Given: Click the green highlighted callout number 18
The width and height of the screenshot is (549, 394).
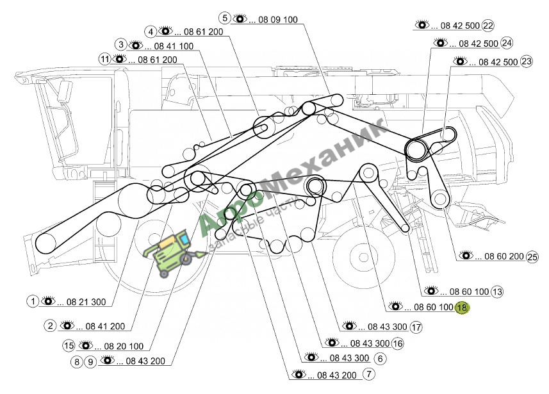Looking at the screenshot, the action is pyautogui.click(x=462, y=308).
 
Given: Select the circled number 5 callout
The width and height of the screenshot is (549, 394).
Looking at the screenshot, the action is pyautogui.click(x=225, y=18).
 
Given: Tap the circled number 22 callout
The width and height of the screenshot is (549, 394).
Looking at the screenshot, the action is pyautogui.click(x=488, y=26).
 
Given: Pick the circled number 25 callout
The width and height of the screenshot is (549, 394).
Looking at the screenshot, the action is pyautogui.click(x=532, y=257).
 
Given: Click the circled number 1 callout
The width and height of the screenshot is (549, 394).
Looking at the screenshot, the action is pyautogui.click(x=33, y=301).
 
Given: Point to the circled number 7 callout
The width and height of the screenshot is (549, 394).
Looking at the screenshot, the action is pyautogui.click(x=369, y=374).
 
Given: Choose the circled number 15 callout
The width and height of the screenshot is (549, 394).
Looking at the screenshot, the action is pyautogui.click(x=69, y=346).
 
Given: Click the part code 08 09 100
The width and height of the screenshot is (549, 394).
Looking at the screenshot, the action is pyautogui.click(x=278, y=20).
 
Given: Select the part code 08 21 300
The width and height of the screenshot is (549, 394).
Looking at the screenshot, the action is pyautogui.click(x=86, y=302).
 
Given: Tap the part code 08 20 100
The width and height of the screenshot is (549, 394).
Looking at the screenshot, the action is pyautogui.click(x=124, y=347).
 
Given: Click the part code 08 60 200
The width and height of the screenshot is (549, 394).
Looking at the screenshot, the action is pyautogui.click(x=504, y=256).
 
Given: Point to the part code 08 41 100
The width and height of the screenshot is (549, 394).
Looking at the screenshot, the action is pyautogui.click(x=174, y=46).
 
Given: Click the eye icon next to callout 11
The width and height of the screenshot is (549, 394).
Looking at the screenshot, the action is pyautogui.click(x=119, y=59).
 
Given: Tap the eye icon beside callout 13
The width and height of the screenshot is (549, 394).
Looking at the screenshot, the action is pyautogui.click(x=431, y=290).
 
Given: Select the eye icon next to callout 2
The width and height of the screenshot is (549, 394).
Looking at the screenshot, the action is pyautogui.click(x=67, y=325).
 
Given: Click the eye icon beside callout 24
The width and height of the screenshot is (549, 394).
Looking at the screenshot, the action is pyautogui.click(x=441, y=43).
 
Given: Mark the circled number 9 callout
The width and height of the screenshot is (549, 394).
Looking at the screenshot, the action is pyautogui.click(x=90, y=361).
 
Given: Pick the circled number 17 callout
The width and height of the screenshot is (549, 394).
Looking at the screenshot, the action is pyautogui.click(x=416, y=327).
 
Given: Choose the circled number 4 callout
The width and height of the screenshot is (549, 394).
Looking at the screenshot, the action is pyautogui.click(x=151, y=32).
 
